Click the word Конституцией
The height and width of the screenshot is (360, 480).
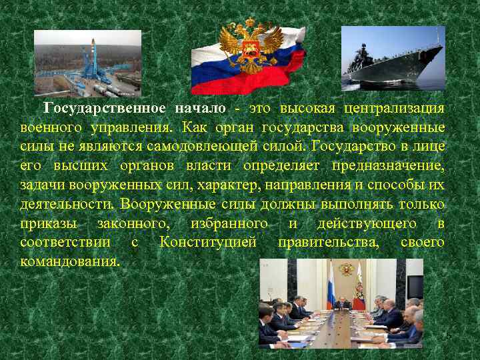click(208, 242)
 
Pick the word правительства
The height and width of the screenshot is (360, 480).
click(329, 242)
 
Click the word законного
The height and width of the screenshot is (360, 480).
click(137, 223)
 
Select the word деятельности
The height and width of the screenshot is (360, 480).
click(61, 204)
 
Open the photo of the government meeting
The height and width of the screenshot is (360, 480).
click(341, 303)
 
